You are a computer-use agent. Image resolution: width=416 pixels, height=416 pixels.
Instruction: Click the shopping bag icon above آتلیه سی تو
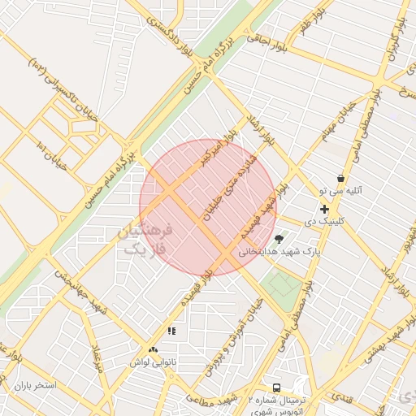click(340, 179)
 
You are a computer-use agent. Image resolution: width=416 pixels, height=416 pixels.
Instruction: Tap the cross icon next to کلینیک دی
click(324, 209)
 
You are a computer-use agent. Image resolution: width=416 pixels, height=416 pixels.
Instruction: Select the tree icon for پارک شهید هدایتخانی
click(279, 239)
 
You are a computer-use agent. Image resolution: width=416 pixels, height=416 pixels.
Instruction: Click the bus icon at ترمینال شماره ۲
click(277, 388)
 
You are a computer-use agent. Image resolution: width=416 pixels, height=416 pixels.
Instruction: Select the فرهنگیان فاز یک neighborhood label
click(147, 239)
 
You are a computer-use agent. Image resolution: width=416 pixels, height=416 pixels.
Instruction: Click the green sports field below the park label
click(282, 284)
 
